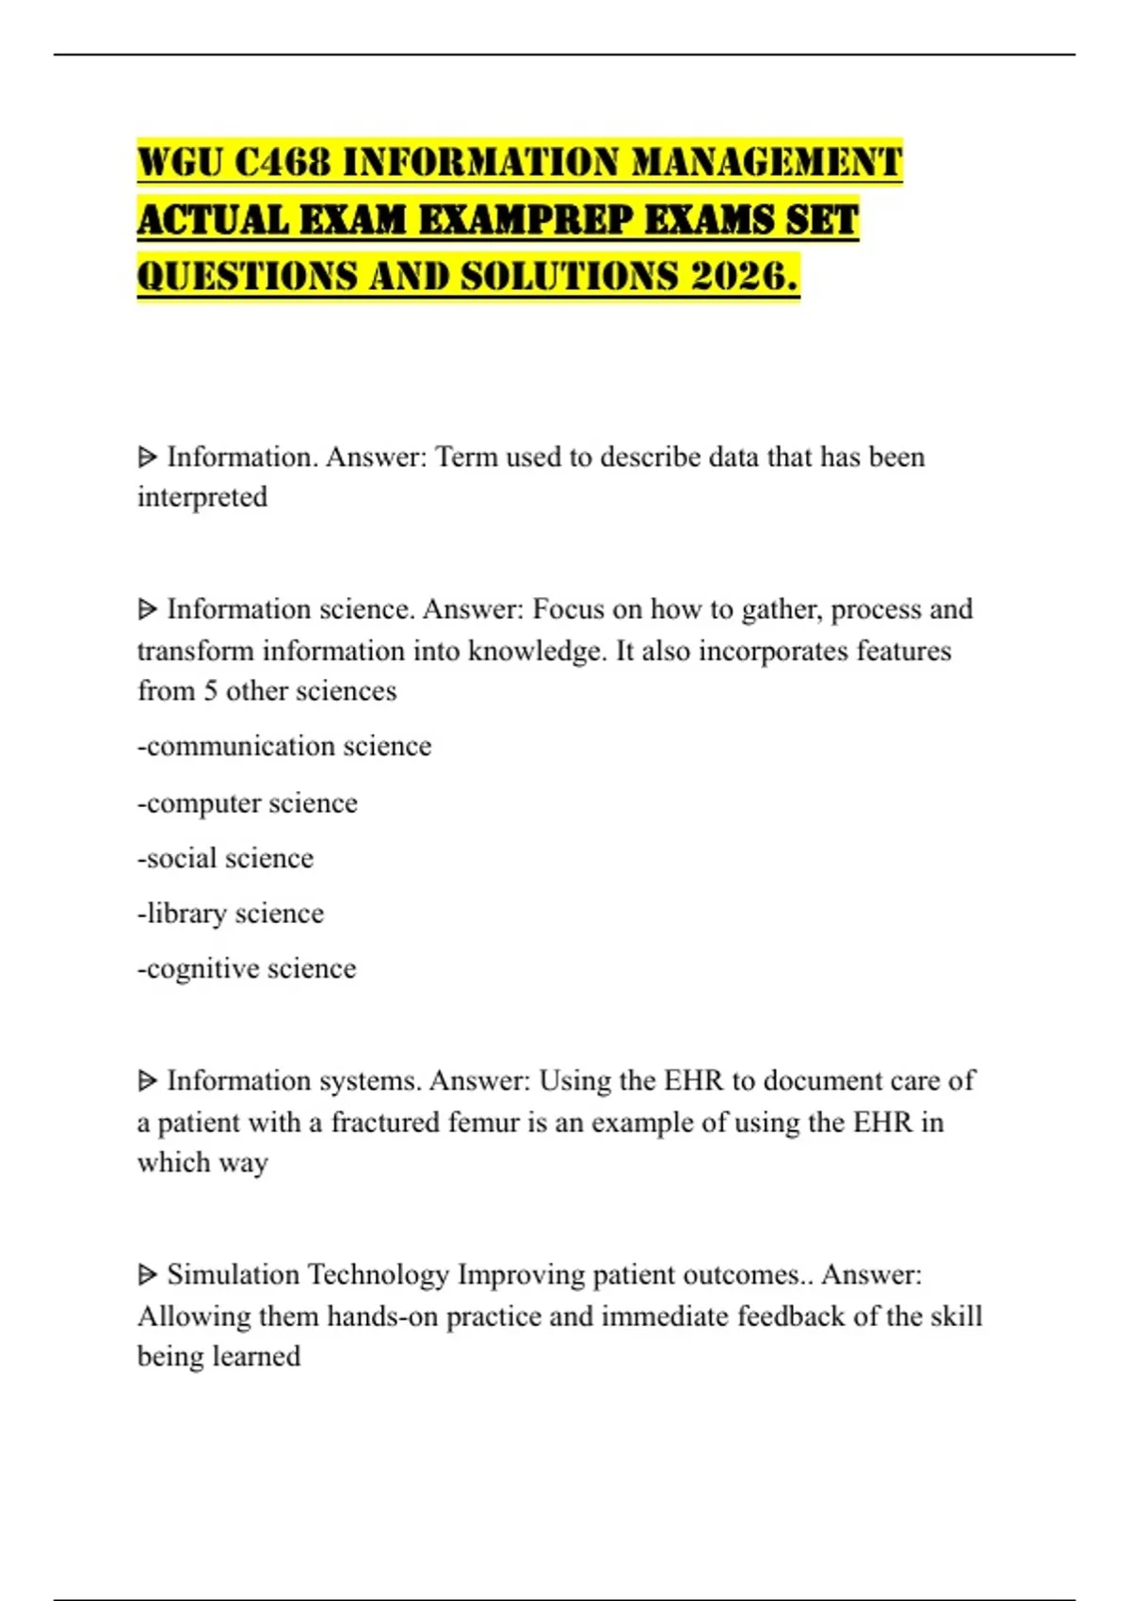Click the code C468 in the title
click(282, 162)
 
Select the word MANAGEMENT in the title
click(767, 162)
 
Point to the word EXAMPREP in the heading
click(525, 219)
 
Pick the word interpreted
click(202, 497)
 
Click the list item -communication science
click(284, 746)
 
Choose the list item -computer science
click(248, 803)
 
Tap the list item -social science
click(226, 858)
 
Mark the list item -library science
click(231, 914)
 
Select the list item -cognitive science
click(247, 968)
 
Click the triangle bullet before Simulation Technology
click(147, 1275)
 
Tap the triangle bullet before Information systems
click(147, 1081)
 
